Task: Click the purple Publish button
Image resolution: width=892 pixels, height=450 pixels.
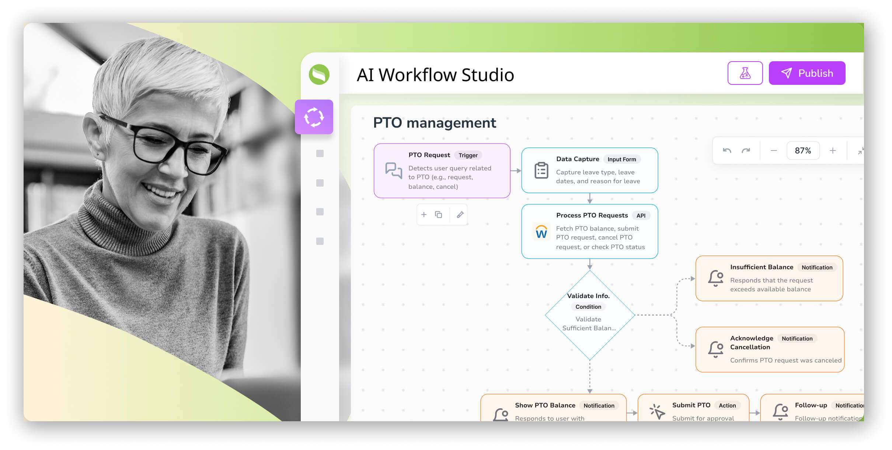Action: pyautogui.click(x=806, y=73)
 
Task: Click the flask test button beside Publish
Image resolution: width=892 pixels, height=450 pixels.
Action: pyautogui.click(x=745, y=73)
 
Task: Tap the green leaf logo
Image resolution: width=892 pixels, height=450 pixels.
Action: pyautogui.click(x=319, y=75)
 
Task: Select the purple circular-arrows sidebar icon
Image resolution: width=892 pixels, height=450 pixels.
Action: pyautogui.click(x=314, y=117)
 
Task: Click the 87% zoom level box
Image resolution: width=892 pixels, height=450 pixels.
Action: pyautogui.click(x=803, y=150)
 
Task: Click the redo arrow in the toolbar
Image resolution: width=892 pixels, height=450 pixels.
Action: pyautogui.click(x=746, y=150)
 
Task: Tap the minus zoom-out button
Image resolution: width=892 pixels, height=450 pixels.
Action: pyautogui.click(x=774, y=150)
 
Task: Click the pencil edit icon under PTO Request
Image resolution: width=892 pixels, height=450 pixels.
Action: pyautogui.click(x=460, y=215)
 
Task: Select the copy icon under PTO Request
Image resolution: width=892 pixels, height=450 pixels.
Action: pyautogui.click(x=438, y=215)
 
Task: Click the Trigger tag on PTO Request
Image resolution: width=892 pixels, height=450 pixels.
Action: pyautogui.click(x=468, y=155)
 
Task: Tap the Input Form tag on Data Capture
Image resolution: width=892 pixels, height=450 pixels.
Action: pyautogui.click(x=621, y=159)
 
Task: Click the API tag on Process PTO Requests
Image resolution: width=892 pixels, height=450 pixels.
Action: pyautogui.click(x=641, y=216)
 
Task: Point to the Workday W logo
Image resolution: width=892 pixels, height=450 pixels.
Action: pyautogui.click(x=541, y=232)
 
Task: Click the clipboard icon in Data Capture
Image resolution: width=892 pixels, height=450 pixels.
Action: pyautogui.click(x=541, y=170)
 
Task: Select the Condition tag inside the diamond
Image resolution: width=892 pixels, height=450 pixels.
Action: pyautogui.click(x=588, y=307)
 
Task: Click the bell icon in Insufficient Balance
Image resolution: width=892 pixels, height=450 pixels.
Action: pyautogui.click(x=715, y=278)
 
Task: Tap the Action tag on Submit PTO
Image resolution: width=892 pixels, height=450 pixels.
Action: pyautogui.click(x=727, y=405)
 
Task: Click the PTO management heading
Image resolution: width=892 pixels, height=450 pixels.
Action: pyautogui.click(x=434, y=123)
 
